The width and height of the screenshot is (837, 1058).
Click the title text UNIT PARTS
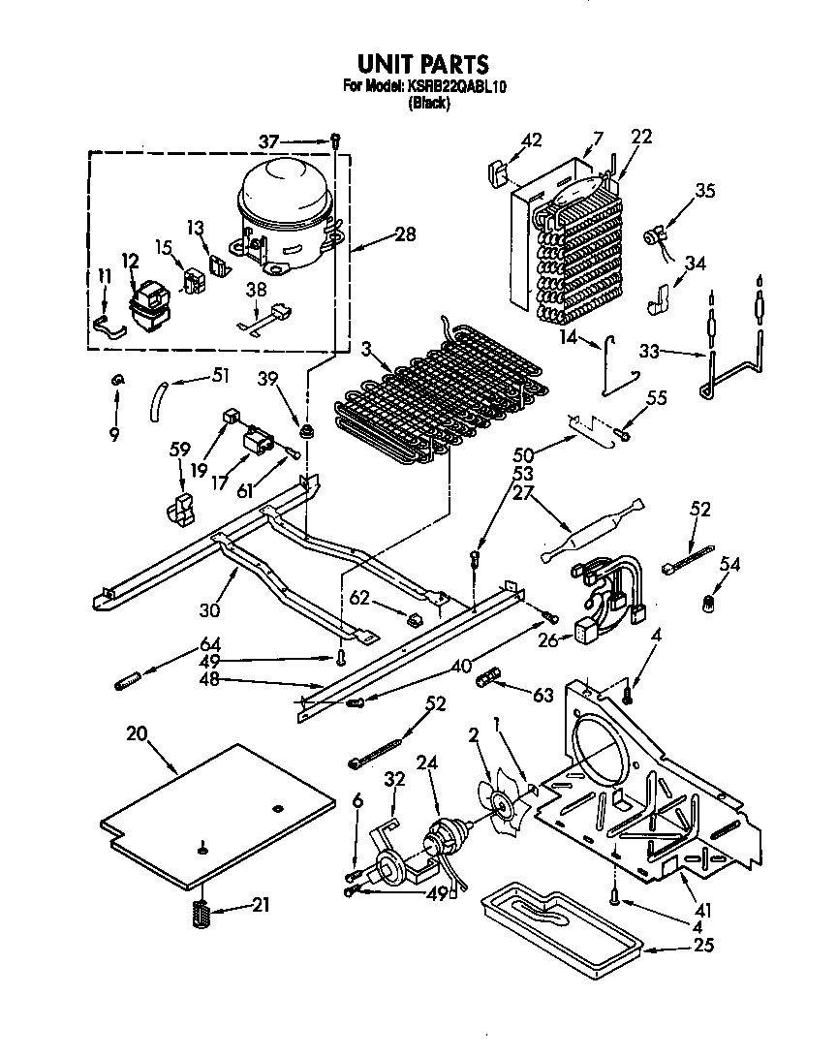tap(423, 65)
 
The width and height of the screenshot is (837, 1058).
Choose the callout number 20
tap(137, 734)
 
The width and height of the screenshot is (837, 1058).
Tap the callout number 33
tap(651, 351)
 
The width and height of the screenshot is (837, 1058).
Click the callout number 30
tap(210, 611)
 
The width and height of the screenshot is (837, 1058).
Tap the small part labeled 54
tap(707, 606)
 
